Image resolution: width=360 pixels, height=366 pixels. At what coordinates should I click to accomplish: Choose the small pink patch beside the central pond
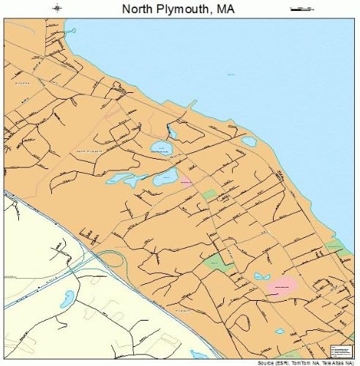(186, 180)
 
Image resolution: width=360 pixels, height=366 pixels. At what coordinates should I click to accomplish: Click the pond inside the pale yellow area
(67, 298)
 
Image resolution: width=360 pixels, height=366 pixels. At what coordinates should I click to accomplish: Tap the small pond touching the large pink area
(262, 277)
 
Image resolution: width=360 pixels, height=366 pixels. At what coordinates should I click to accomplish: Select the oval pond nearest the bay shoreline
(249, 141)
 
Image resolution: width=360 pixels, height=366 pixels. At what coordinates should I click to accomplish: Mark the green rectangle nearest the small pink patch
(210, 194)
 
